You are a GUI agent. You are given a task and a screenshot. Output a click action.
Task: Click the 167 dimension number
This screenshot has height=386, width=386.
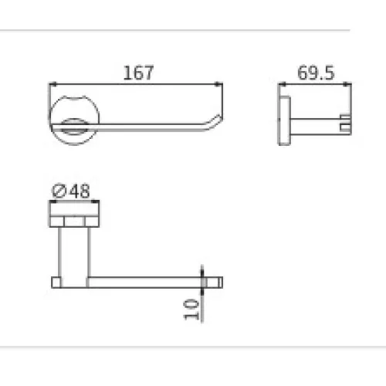(x=139, y=73)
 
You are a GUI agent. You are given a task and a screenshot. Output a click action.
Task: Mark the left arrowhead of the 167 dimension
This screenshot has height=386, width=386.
(x=52, y=83)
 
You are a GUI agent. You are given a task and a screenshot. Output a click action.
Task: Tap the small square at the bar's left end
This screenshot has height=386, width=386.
(x=56, y=279)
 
